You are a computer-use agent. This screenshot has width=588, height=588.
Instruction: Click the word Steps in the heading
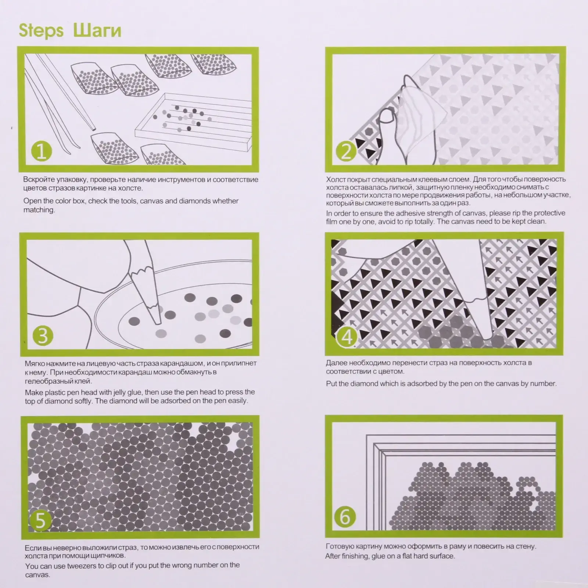pyautogui.click(x=41, y=31)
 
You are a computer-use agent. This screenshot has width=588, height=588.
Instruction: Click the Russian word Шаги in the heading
pyautogui.click(x=97, y=31)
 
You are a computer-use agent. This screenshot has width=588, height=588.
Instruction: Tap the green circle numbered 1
pyautogui.click(x=42, y=151)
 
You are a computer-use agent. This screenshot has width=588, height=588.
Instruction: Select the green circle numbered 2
pyautogui.click(x=346, y=151)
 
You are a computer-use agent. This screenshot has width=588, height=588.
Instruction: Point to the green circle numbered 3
pyautogui.click(x=43, y=336)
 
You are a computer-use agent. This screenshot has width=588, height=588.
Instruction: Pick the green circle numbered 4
pyautogui.click(x=347, y=336)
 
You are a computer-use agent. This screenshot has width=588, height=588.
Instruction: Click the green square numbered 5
pyautogui.click(x=40, y=520)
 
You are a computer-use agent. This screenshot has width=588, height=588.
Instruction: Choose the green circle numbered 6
pyautogui.click(x=344, y=516)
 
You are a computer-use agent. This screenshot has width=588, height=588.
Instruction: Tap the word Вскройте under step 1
pyautogui.click(x=38, y=180)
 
